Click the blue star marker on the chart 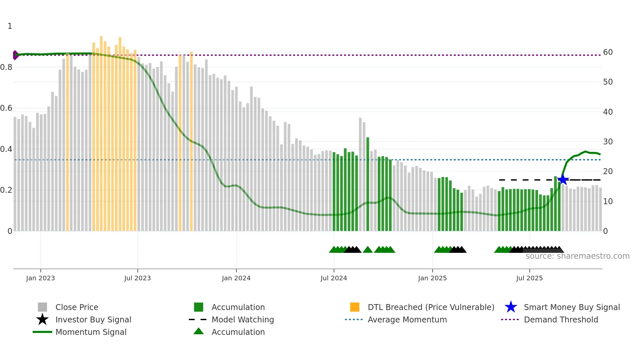(x=563, y=180)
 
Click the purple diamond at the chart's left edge (x=15, y=55)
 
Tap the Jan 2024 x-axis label (x=236, y=278)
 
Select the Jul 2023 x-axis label (x=137, y=278)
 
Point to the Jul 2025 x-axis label (x=529, y=278)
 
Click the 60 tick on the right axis (x=608, y=52)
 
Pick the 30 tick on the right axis (x=608, y=142)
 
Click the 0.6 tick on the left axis (x=6, y=108)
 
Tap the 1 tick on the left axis (x=10, y=26)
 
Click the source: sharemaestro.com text (x=577, y=256)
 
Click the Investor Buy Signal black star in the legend (x=42, y=319)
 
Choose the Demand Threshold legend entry (x=561, y=319)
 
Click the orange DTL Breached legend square (x=355, y=307)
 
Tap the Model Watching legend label (x=243, y=319)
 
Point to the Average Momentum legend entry (x=407, y=319)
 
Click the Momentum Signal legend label (x=91, y=332)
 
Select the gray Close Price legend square (x=42, y=307)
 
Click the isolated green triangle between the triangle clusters (x=368, y=250)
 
